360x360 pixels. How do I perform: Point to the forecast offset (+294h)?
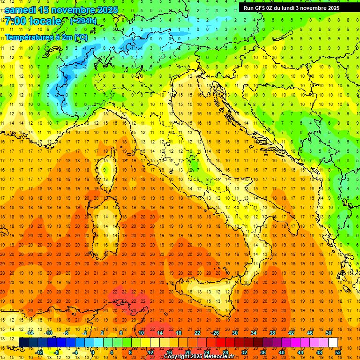[x=83, y=21]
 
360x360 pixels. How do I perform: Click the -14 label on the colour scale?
[x=30, y=333]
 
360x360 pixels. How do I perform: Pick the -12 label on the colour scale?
[x=39, y=352]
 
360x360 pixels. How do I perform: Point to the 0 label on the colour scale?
[x=92, y=352]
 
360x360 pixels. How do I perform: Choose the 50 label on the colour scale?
[x=328, y=333]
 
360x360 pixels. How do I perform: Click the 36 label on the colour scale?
[x=263, y=352]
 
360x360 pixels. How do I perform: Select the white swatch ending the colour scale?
[x=333, y=342]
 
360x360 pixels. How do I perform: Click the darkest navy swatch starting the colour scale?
[x=23, y=342]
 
